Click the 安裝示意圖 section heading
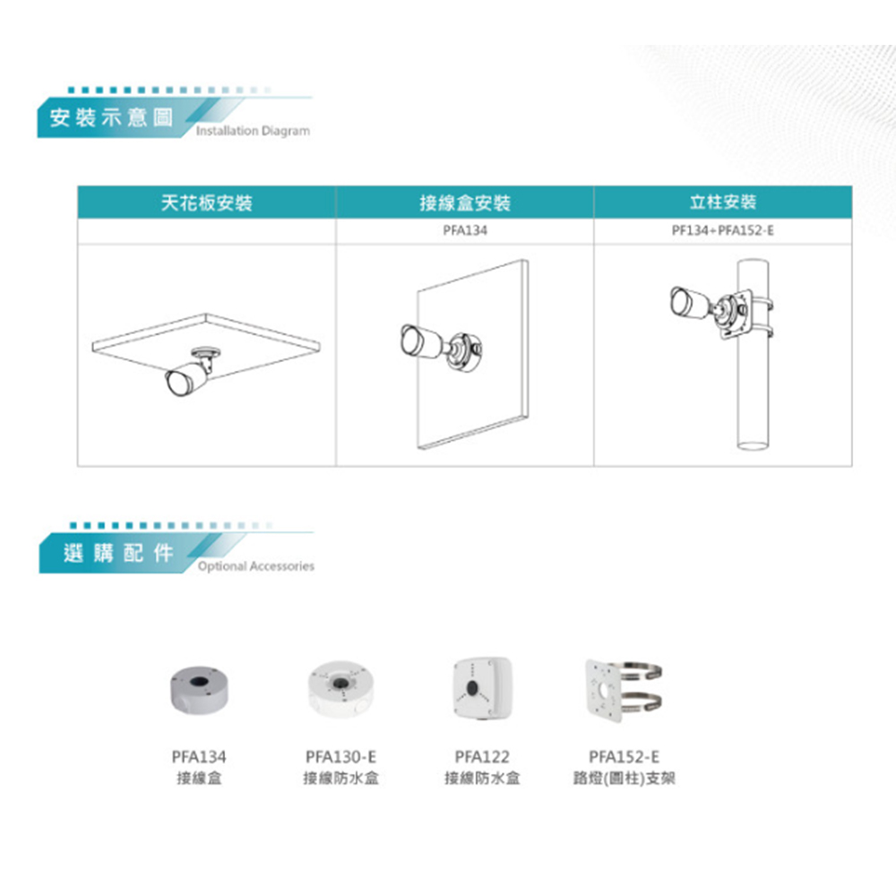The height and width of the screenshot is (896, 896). [x=111, y=117]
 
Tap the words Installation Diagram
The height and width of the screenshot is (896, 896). [x=253, y=131]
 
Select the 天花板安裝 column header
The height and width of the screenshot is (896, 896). [x=206, y=202]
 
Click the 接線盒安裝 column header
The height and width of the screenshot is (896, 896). [x=465, y=202]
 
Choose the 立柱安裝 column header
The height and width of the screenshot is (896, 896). [x=723, y=202]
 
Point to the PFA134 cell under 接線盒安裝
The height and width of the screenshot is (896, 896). [x=465, y=230]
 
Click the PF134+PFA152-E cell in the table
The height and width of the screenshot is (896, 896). [x=723, y=230]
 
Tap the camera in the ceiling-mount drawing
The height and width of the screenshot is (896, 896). [x=190, y=372]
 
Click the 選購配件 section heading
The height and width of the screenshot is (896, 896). [x=118, y=553]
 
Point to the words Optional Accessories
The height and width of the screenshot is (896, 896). [x=256, y=566]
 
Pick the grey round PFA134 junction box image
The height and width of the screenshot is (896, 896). [x=199, y=689]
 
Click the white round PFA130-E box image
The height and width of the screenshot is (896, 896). [x=340, y=688]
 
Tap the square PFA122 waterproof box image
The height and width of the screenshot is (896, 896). [x=483, y=687]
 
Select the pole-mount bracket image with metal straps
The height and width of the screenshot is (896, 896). [x=624, y=690]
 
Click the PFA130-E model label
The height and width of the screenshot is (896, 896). [x=340, y=757]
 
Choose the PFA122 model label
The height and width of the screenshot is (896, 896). [x=482, y=757]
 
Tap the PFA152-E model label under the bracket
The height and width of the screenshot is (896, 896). [x=624, y=757]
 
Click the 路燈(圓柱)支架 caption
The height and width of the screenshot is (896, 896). [x=624, y=779]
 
